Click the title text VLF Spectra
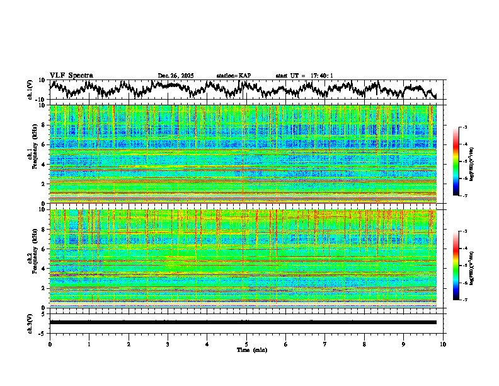(x=71, y=76)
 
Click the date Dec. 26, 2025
(x=176, y=76)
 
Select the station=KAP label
(x=234, y=76)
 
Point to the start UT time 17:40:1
(x=321, y=76)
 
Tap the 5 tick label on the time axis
(x=246, y=344)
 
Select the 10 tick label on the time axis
(x=443, y=344)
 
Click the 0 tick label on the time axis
(x=50, y=344)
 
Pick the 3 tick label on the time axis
(x=168, y=344)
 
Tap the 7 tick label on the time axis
(x=325, y=344)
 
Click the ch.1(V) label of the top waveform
(x=30, y=90)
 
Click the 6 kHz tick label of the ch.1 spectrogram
(x=44, y=144)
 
